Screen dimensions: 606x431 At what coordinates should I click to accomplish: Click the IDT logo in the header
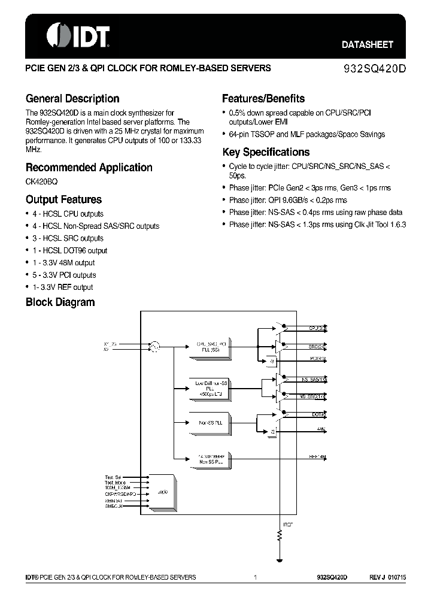pyautogui.click(x=78, y=36)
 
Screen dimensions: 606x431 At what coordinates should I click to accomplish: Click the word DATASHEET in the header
pyautogui.click(x=367, y=45)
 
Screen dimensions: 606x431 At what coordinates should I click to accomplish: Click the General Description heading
pyautogui.click(x=72, y=99)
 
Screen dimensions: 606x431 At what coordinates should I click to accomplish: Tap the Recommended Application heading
pyautogui.click(x=89, y=168)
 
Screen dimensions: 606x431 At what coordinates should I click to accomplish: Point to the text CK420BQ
pyautogui.click(x=41, y=181)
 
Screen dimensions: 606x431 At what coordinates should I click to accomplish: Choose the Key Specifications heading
pyautogui.click(x=266, y=152)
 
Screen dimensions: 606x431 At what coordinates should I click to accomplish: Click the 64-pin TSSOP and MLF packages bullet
pyautogui.click(x=306, y=134)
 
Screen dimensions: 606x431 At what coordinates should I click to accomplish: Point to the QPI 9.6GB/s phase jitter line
pyautogui.click(x=287, y=200)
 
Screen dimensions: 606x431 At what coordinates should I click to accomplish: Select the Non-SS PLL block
pyautogui.click(x=210, y=423)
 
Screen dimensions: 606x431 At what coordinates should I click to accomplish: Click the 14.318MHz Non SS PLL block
pyautogui.click(x=210, y=459)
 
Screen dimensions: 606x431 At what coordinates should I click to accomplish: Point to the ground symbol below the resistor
pyautogui.click(x=279, y=560)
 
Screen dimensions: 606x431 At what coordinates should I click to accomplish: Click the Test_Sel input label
pyautogui.click(x=113, y=477)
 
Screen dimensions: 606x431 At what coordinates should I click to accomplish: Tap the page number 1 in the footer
pyautogui.click(x=256, y=578)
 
